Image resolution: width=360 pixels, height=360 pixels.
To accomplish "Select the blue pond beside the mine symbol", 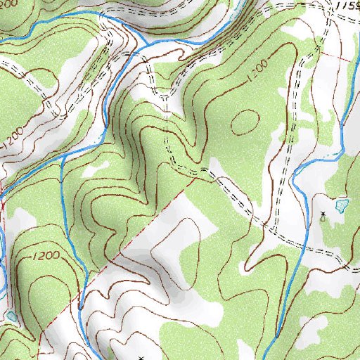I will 341,206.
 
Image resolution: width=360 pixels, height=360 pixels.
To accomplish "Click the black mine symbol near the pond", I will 323,215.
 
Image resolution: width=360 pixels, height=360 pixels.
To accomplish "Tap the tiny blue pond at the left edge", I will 11,316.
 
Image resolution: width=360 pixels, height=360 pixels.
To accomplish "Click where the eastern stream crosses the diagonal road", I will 304,245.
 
